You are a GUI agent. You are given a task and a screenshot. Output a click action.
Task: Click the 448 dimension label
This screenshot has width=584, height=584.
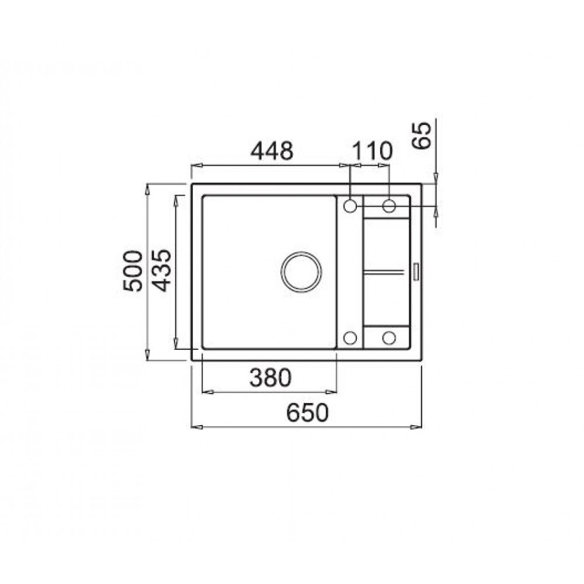[272, 151]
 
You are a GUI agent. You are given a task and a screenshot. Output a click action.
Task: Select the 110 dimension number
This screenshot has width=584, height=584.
[372, 151]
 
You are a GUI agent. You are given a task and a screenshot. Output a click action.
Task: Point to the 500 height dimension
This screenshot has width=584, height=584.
[133, 271]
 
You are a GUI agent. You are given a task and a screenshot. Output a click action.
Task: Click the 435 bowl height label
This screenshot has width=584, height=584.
[162, 270]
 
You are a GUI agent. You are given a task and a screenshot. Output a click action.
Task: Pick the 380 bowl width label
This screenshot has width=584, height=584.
[270, 377]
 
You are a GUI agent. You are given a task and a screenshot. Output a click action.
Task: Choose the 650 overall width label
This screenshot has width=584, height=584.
[308, 412]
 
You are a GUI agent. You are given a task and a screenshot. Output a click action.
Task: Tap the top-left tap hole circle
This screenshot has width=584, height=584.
[350, 206]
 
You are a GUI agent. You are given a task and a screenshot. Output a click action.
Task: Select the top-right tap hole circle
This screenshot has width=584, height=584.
[389, 206]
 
